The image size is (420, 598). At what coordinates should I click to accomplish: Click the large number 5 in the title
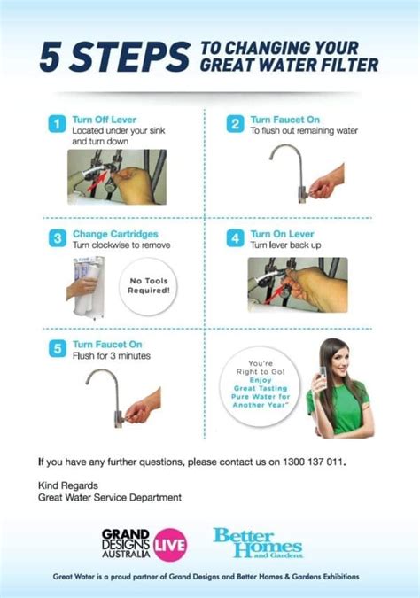pyautogui.click(x=51, y=58)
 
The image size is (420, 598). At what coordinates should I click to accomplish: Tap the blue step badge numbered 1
pyautogui.click(x=56, y=123)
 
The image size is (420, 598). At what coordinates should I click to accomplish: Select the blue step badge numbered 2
pyautogui.click(x=235, y=123)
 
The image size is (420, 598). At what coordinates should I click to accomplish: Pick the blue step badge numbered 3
pyautogui.click(x=56, y=237)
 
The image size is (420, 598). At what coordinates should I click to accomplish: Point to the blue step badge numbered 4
pyautogui.click(x=235, y=237)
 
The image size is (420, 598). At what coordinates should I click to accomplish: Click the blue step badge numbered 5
pyautogui.click(x=56, y=348)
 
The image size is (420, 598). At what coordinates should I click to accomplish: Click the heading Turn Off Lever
pyautogui.click(x=105, y=118)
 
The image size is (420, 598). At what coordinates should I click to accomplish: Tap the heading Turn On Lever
pyautogui.click(x=282, y=232)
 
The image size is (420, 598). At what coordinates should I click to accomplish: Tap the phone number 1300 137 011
pyautogui.click(x=308, y=462)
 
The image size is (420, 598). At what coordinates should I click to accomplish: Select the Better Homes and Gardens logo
pyautogui.click(x=258, y=541)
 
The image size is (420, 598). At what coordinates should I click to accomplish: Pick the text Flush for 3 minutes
pyautogui.click(x=112, y=356)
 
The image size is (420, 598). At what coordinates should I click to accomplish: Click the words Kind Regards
pyautogui.click(x=67, y=485)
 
